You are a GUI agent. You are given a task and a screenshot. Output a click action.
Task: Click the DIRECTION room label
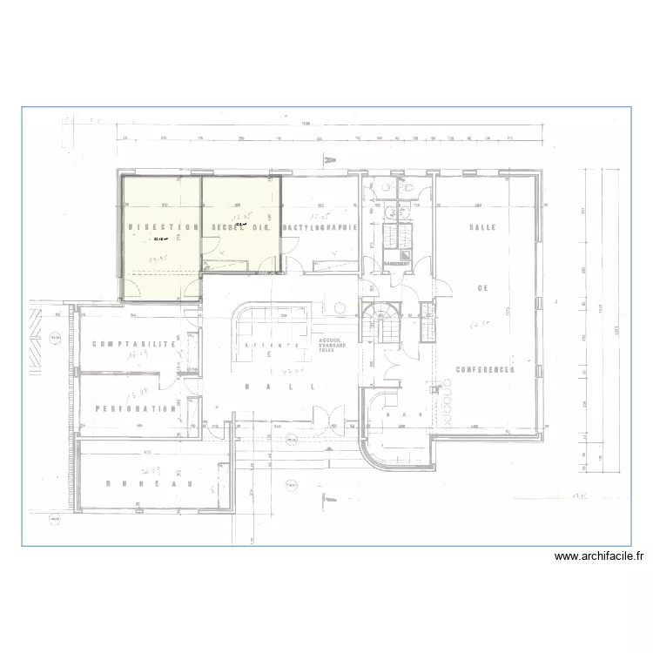164,227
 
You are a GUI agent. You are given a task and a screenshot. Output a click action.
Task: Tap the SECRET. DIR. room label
241,227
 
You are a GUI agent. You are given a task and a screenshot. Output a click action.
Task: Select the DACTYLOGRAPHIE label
320,227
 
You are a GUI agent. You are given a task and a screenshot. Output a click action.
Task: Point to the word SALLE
482,227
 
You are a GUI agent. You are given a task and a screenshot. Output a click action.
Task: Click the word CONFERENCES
483,369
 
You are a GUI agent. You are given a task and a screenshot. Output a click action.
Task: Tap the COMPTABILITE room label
134,344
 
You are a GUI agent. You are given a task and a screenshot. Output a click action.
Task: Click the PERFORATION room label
136,407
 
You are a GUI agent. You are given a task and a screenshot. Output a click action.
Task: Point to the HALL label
279,387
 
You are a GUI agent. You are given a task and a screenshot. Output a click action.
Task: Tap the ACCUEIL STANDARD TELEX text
332,346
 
